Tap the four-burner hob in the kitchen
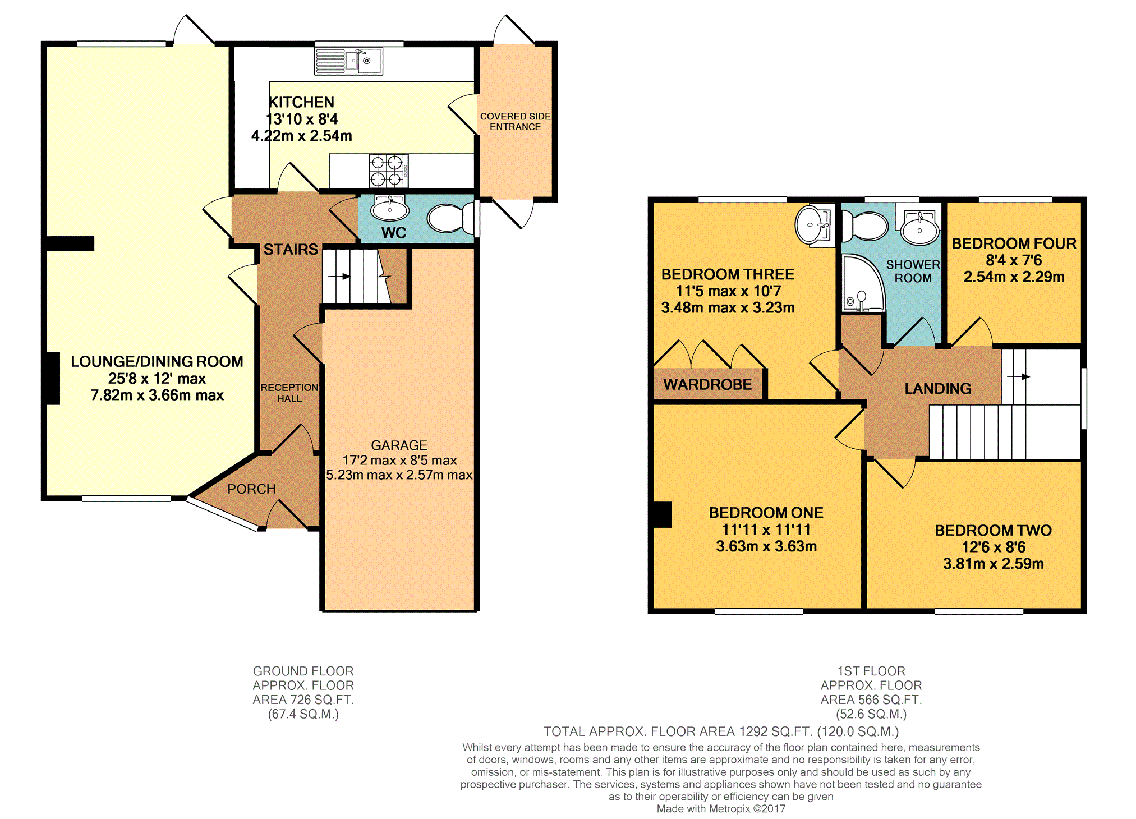pos(388,171)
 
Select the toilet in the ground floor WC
pos(450,219)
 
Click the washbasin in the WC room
pos(390,209)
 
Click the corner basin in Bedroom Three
pos(812,224)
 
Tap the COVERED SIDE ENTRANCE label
pos(515,122)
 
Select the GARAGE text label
pos(399,445)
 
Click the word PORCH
pos(251,489)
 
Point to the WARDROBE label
pos(707,385)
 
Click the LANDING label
pos(937,389)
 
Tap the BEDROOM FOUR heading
pos(1014,244)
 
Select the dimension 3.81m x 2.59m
pos(993,564)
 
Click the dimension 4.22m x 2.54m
pos(301,136)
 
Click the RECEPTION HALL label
pos(289,393)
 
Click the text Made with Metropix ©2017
pos(721,809)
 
